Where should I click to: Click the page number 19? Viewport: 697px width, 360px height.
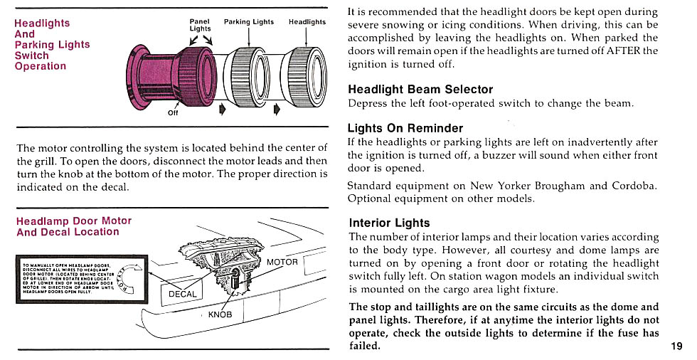[676, 346]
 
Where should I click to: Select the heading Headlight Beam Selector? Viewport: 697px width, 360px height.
[420, 90]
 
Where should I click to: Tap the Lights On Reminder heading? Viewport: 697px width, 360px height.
[405, 129]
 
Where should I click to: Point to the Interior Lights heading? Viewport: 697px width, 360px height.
[389, 223]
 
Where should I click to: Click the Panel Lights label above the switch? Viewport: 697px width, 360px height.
[200, 25]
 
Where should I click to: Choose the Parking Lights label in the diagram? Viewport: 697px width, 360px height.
[249, 22]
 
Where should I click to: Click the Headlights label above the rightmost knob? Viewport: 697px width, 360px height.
[307, 22]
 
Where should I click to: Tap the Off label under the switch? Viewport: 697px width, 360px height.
[173, 112]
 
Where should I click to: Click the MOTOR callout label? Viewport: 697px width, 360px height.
[282, 263]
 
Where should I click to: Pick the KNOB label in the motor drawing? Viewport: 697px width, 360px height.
[220, 314]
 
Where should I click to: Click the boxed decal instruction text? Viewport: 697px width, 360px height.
[68, 278]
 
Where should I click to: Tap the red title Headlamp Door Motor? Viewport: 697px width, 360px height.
[74, 221]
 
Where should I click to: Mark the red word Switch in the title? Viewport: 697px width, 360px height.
[32, 55]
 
